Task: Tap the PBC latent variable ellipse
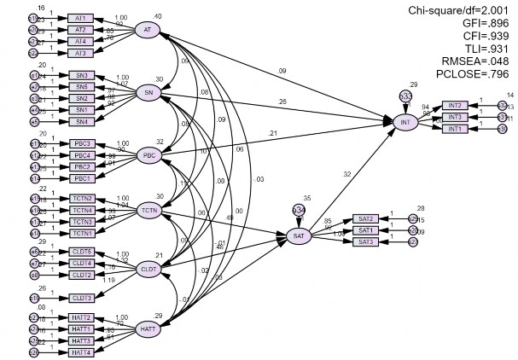pos(149,155)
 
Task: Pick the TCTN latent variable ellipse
pos(149,211)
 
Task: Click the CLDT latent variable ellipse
pos(149,269)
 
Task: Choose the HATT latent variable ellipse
pos(149,329)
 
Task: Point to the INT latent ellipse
pos(405,123)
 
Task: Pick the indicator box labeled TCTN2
pos(82,199)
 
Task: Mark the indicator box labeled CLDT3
pos(82,298)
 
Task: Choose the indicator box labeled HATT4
pos(82,352)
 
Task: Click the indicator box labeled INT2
pos(453,105)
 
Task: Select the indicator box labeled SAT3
pos(366,241)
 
